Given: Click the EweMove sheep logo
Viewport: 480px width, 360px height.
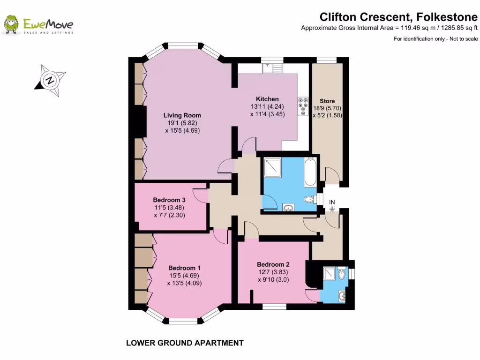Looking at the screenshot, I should [x=11, y=25].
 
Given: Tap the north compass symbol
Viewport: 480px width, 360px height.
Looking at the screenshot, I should [x=50, y=80].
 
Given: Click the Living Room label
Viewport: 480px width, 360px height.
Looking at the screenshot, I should [x=182, y=115].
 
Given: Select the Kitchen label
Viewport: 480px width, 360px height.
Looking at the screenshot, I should [x=267, y=99].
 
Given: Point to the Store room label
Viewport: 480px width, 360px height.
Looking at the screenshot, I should [x=327, y=101].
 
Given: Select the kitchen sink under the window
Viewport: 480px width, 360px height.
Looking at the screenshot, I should [x=272, y=68].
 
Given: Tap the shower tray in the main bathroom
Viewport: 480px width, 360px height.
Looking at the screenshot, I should [x=272, y=167].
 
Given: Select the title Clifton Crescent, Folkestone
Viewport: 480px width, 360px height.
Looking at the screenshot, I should [x=398, y=17].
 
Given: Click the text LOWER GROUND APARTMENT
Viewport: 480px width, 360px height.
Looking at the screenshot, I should [x=185, y=343].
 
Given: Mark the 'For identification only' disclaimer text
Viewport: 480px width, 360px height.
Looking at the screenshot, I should [x=435, y=39].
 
